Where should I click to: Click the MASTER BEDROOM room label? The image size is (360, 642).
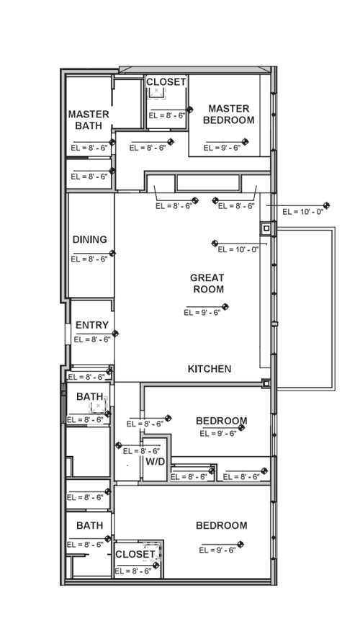pos(228,115)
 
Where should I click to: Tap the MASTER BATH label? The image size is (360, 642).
pos(89,120)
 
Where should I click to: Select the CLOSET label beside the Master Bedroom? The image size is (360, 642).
pos(166,82)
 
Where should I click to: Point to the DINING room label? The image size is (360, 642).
pos(90,239)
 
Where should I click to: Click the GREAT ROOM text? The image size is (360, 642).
pos(207,283)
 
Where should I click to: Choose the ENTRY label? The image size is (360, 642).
pos(91,326)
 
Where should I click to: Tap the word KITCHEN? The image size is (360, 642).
pos(210,369)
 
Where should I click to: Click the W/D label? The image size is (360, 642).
pos(155,461)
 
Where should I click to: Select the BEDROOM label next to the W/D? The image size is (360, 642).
pos(222,421)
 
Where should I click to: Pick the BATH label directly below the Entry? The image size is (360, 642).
pos(89,396)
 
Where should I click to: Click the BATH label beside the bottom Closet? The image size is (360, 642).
pos(89,525)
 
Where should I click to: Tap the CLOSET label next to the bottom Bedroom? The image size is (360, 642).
pos(135,554)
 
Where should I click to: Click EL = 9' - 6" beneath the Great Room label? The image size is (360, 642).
pos(202,313)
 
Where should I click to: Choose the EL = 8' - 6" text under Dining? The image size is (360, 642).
pos(89,259)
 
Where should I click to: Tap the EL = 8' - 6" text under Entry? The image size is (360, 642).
pos(91,339)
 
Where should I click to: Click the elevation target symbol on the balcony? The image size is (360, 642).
pos(327,206)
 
